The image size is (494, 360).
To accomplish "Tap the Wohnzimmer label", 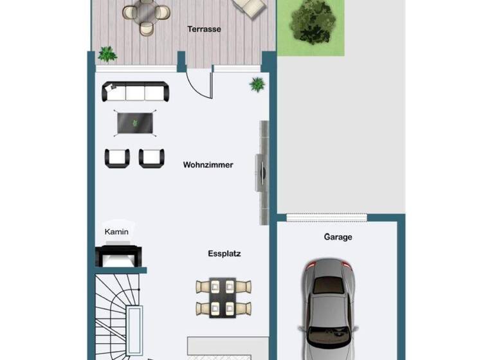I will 208,165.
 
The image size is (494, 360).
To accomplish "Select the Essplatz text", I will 224,254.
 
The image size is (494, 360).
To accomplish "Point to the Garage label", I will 338,237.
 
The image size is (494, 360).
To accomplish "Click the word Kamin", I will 116,232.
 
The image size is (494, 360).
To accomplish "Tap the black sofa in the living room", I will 136,92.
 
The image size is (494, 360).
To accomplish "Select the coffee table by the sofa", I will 136,123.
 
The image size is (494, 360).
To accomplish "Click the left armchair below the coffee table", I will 117,157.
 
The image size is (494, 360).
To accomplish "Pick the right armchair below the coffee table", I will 152,157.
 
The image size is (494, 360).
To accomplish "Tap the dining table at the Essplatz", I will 223,296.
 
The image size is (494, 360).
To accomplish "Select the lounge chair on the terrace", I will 250,6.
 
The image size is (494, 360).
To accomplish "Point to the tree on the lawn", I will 312,21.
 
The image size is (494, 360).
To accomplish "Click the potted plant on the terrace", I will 107,54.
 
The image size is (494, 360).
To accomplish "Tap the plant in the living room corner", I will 257,84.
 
